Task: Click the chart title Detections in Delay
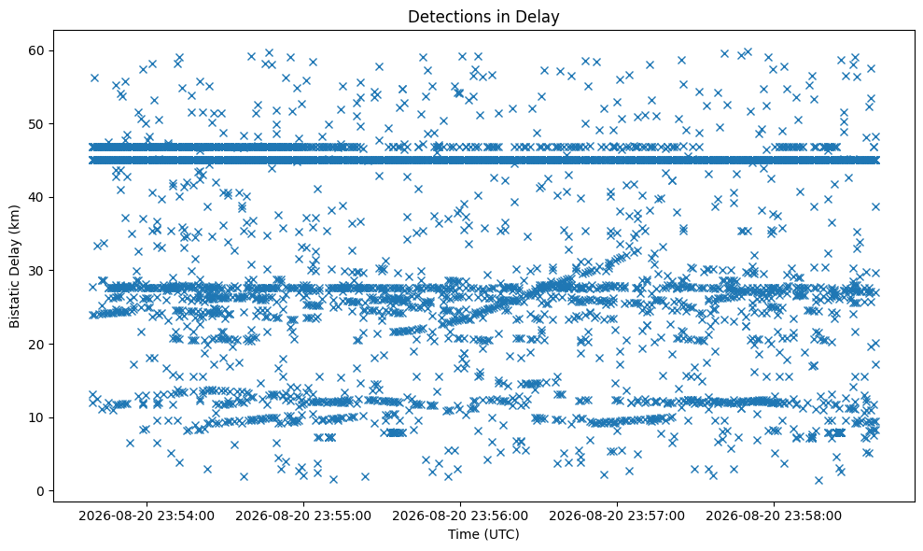coord(483,17)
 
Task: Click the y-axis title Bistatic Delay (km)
coord(14,266)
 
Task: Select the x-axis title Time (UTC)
coord(483,534)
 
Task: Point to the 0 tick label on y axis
coord(41,491)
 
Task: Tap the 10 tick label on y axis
coord(37,417)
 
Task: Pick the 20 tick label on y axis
coord(37,345)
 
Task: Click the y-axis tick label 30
coord(37,271)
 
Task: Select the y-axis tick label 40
coord(37,197)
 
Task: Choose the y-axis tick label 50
coord(37,124)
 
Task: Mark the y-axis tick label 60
coord(37,50)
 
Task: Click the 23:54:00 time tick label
coord(147,516)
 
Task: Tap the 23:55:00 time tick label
coord(303,516)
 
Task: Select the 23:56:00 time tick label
coord(460,516)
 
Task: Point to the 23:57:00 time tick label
coord(617,516)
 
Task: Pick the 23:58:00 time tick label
coord(774,516)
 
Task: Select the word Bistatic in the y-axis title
coord(14,305)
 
